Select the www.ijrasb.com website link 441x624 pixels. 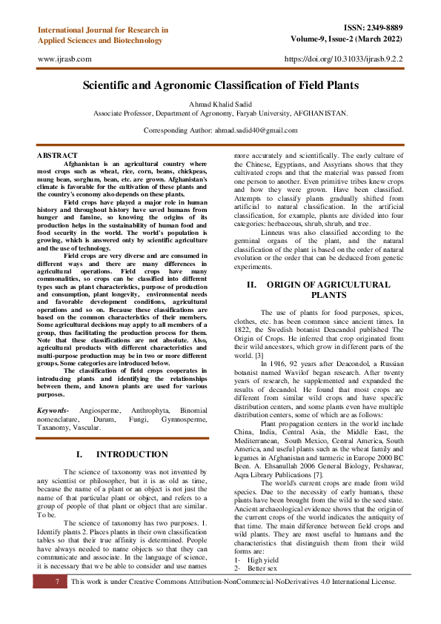click(64, 58)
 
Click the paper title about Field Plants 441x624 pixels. click(220, 86)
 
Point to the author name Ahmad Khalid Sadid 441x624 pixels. click(220, 104)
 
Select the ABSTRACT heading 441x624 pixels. click(56, 155)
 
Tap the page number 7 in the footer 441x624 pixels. click(56, 582)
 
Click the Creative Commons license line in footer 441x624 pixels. click(233, 582)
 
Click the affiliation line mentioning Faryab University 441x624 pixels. click(220, 113)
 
